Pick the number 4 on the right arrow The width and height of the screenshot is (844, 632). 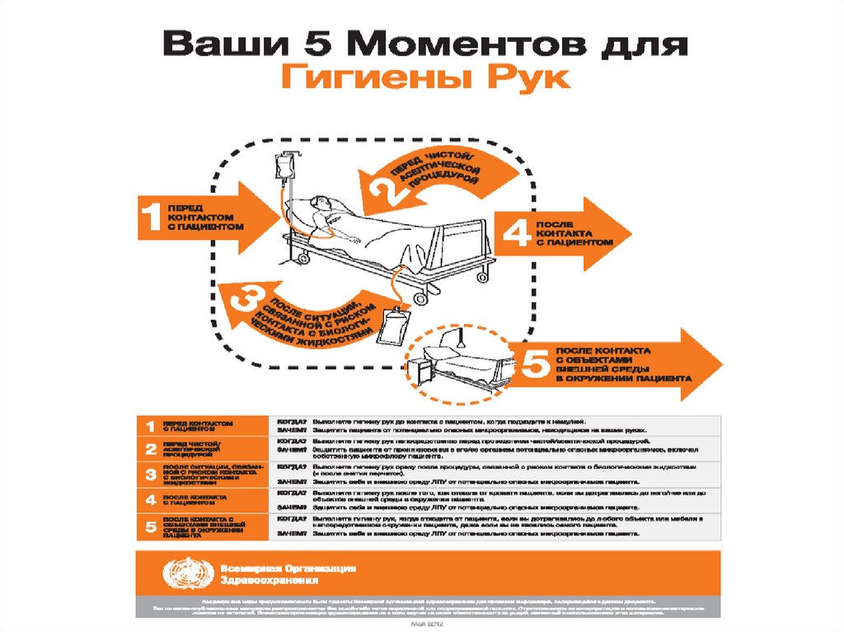(x=514, y=233)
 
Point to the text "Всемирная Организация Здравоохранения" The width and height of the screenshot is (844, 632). (x=288, y=573)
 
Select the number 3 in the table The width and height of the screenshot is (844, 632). (x=150, y=473)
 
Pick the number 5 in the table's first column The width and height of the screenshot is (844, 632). (x=150, y=525)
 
